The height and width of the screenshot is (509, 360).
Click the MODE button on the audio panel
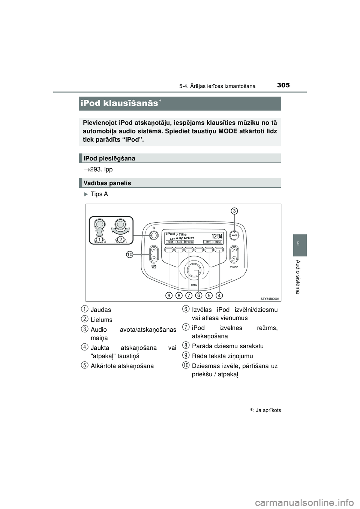[x=234, y=236]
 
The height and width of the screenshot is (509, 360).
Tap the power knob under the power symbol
[x=153, y=235]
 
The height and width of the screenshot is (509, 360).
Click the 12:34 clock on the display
[x=217, y=236]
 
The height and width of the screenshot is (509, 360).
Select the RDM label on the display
[x=218, y=242]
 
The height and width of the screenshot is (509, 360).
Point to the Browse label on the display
[x=189, y=242]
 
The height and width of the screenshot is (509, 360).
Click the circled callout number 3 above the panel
[x=234, y=211]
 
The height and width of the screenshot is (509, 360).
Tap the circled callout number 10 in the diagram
[x=129, y=254]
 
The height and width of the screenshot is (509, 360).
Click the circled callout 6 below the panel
[x=199, y=295]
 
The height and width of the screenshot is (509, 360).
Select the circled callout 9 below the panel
[x=169, y=295]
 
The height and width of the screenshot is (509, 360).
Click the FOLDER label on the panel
[x=234, y=267]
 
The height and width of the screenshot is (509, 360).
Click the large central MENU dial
[x=194, y=270]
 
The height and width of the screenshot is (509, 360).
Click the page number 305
[x=283, y=85]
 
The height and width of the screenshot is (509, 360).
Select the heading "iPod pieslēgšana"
[x=109, y=159]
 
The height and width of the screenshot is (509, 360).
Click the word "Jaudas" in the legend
[x=101, y=310]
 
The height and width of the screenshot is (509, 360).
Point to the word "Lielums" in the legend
[x=101, y=320]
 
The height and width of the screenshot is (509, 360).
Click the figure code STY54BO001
[x=270, y=298]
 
